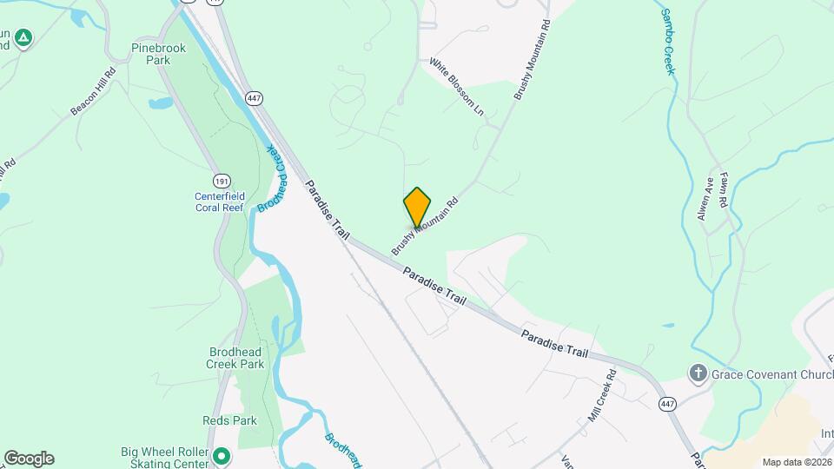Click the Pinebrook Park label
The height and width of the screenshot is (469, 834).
(158, 54)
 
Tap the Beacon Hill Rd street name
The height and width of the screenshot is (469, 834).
(93, 92)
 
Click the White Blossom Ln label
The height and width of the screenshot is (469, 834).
(457, 88)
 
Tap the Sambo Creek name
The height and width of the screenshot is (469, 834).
(667, 42)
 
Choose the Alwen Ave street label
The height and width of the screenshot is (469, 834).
(705, 200)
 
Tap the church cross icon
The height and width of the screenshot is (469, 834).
(697, 373)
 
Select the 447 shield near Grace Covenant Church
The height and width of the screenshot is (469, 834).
(667, 404)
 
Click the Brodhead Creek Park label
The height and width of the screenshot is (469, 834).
(236, 358)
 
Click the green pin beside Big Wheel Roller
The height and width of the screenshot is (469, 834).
(222, 455)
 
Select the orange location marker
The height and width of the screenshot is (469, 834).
(417, 207)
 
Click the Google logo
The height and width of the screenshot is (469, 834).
(29, 459)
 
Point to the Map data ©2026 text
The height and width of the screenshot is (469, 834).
(796, 462)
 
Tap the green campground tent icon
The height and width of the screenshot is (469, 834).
(23, 38)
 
